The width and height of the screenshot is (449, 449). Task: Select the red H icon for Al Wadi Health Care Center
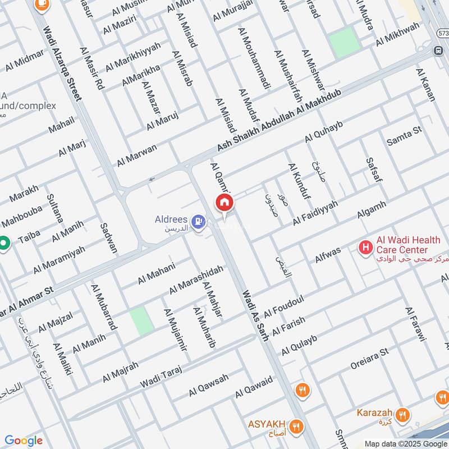pos(366,246)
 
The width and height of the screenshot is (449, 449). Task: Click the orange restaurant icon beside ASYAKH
pos(296,424)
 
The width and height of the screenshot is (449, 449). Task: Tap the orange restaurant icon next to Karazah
pos(402,415)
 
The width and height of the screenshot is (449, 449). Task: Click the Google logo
pos(24,441)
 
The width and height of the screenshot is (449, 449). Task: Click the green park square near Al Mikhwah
pos(343,42)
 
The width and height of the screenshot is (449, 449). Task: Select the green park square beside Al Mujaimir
pos(142,321)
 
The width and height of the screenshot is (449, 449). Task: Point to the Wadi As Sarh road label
pos(255,315)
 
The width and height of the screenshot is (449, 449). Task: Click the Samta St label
pos(404,136)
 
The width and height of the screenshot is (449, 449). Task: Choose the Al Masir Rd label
pos(92,68)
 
